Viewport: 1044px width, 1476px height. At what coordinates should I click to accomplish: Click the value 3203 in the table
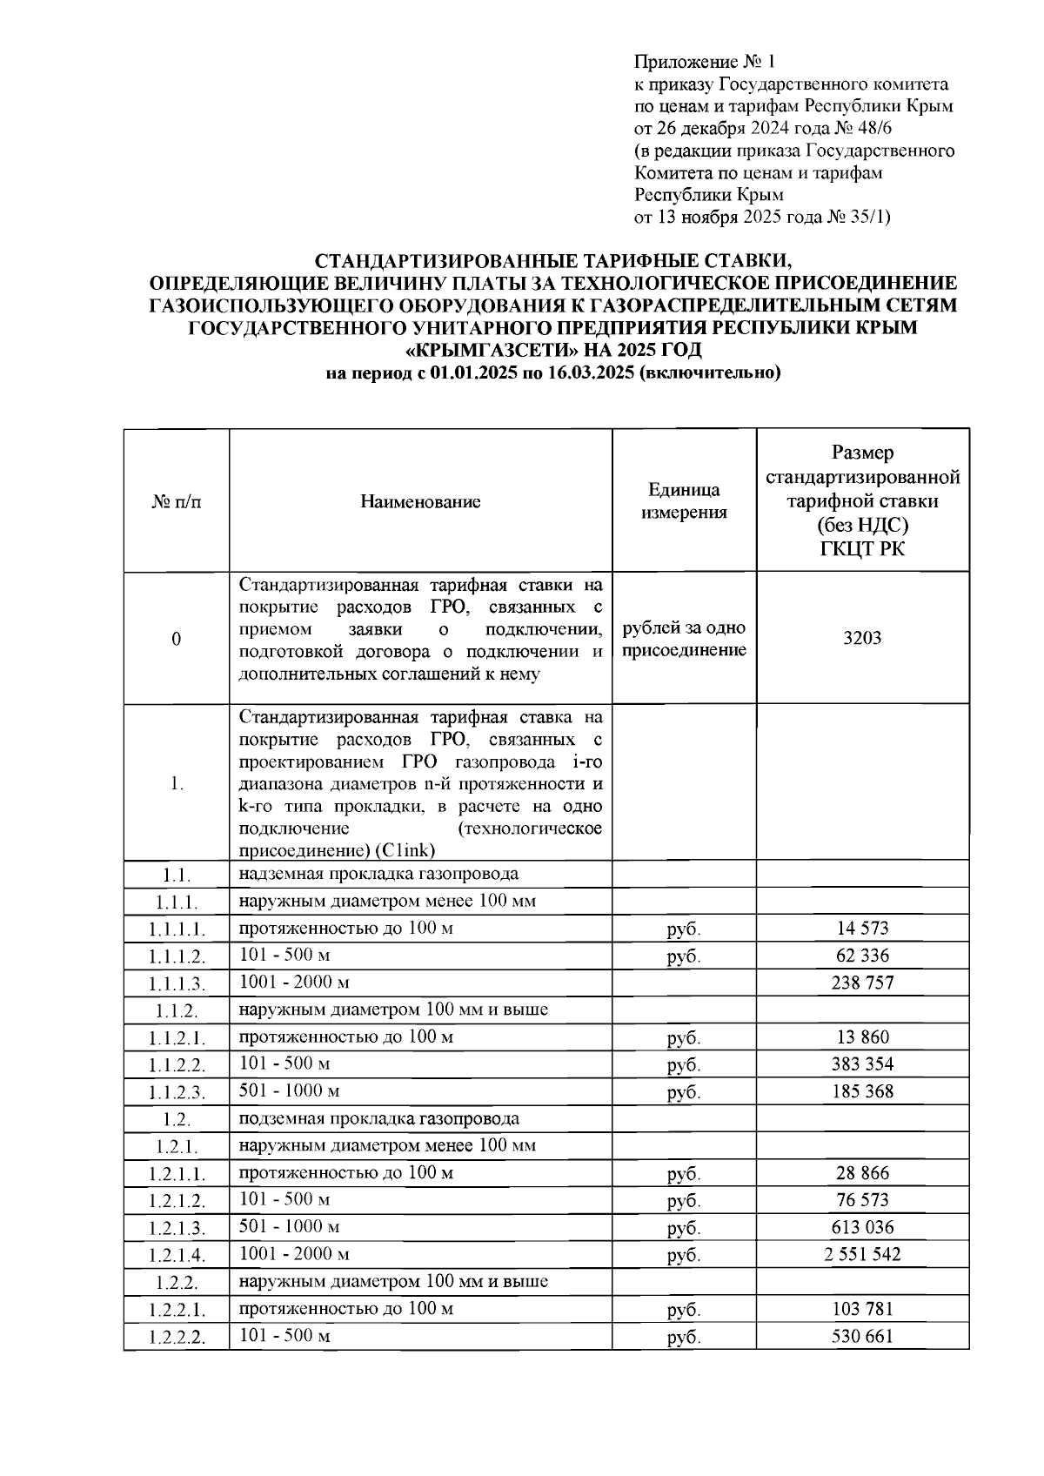pos(862,638)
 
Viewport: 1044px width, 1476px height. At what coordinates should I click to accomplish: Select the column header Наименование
pos(420,501)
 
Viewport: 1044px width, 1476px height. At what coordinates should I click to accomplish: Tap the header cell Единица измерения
pos(684,501)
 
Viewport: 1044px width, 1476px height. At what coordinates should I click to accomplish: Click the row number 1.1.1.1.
pos(177,929)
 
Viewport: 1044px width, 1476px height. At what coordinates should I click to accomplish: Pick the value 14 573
pos(862,928)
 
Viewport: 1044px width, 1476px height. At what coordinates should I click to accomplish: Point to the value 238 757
pos(862,983)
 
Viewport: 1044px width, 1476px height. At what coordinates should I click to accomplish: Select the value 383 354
pos(862,1063)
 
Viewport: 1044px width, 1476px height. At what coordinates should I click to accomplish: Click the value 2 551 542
pos(862,1254)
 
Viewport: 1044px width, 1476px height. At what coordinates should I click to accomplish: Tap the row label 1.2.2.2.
pos(177,1338)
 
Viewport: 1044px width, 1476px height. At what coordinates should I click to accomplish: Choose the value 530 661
pos(862,1336)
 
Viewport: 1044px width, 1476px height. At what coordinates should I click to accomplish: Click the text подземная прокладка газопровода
pos(379,1118)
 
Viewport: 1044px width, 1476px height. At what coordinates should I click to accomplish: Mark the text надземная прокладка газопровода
pos(379,874)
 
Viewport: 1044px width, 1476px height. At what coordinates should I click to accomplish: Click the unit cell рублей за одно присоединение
pos(684,639)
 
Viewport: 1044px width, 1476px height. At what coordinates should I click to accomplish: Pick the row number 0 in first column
pos(177,640)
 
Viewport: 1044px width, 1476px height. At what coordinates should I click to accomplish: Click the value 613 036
pos(862,1227)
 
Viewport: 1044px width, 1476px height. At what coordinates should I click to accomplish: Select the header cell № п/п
pos(177,502)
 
